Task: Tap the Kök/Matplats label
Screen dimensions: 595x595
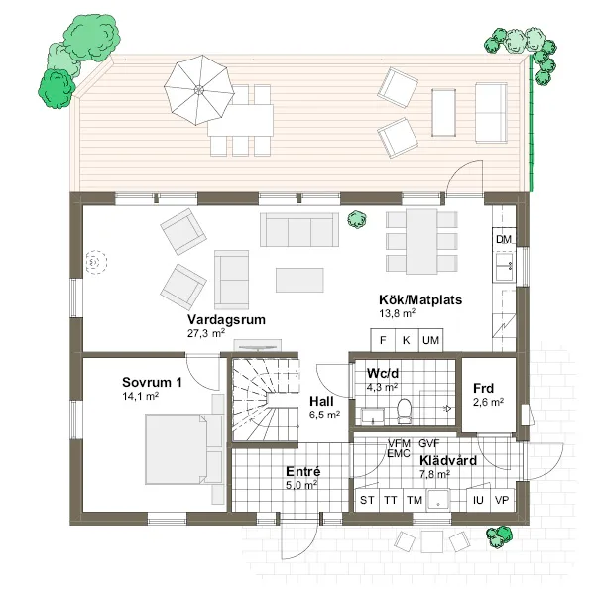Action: click(x=421, y=298)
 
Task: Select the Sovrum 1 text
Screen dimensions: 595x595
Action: click(x=153, y=382)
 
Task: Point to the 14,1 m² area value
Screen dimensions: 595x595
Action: click(x=141, y=395)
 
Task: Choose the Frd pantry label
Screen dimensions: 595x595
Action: click(x=484, y=388)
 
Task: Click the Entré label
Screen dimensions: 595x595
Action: click(x=301, y=471)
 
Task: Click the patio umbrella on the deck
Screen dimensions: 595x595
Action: click(x=197, y=88)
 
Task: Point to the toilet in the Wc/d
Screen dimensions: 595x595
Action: click(x=404, y=410)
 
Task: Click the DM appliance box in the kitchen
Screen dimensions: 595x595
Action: click(x=503, y=240)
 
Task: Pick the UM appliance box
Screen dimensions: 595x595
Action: click(x=430, y=340)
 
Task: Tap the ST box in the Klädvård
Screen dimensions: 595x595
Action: click(x=367, y=500)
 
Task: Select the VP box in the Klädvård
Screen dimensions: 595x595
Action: click(x=503, y=500)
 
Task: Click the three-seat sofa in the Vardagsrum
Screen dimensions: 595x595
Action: click(x=297, y=230)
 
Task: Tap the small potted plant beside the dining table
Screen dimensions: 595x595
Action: click(x=353, y=221)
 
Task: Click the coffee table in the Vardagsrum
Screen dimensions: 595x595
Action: click(x=299, y=279)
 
